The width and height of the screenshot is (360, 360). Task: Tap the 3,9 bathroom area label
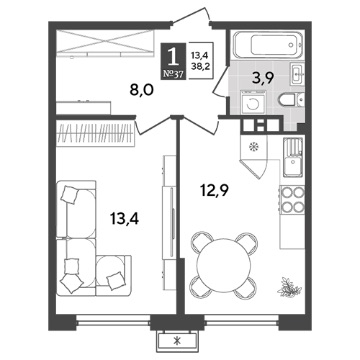click(x=263, y=78)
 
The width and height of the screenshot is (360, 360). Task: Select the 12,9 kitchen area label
click(x=215, y=192)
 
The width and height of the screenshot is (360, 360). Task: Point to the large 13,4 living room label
click(x=125, y=219)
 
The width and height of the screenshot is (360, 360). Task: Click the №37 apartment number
click(x=172, y=75)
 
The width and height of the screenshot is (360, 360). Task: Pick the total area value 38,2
click(x=200, y=66)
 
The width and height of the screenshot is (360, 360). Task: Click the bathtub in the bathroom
click(x=269, y=45)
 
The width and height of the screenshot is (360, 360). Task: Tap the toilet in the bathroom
click(x=291, y=99)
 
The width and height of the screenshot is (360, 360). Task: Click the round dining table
click(x=224, y=265)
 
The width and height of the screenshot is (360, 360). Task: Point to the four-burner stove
click(x=292, y=199)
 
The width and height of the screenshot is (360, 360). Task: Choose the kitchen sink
click(x=293, y=157)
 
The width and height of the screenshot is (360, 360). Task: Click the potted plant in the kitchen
click(x=289, y=287)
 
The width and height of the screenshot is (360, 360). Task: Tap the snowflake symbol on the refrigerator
click(x=254, y=146)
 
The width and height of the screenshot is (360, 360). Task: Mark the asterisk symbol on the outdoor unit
click(x=177, y=340)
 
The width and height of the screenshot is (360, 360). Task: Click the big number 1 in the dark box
click(x=172, y=57)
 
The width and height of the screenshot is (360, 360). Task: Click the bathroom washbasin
click(x=297, y=73)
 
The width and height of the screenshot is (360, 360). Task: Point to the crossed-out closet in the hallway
click(x=105, y=41)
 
